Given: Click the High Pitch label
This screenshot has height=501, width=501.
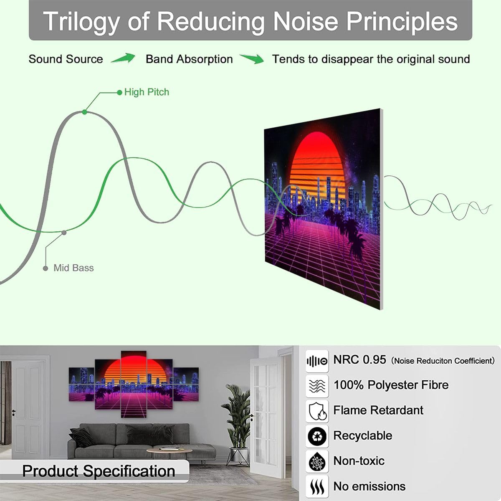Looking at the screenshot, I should [x=147, y=92].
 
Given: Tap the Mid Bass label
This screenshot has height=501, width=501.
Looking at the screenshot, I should [x=73, y=268].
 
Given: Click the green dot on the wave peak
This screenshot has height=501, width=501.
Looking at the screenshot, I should [x=85, y=112].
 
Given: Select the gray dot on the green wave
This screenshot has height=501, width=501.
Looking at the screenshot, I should [x=63, y=233].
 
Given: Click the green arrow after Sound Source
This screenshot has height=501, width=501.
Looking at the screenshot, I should [x=123, y=58].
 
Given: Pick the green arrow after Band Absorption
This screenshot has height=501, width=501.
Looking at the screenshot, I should [x=252, y=59].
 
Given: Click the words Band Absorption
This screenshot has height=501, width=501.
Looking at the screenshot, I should [x=189, y=59].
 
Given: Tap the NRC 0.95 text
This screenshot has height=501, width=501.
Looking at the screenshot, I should [x=359, y=360].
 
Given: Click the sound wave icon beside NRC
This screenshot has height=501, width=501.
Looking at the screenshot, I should [x=317, y=361].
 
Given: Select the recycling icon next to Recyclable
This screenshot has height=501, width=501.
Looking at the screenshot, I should [x=317, y=437].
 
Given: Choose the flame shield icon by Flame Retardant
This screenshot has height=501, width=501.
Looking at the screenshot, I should [x=317, y=411].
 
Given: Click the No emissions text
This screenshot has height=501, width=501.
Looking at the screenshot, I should [x=369, y=486].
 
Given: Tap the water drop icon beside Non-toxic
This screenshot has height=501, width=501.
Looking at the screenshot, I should [x=317, y=462].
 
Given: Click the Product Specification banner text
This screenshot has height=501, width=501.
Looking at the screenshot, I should [x=99, y=471].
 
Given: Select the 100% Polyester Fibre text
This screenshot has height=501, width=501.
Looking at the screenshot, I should [x=391, y=385].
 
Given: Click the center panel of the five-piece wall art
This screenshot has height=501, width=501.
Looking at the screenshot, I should [x=134, y=384].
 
